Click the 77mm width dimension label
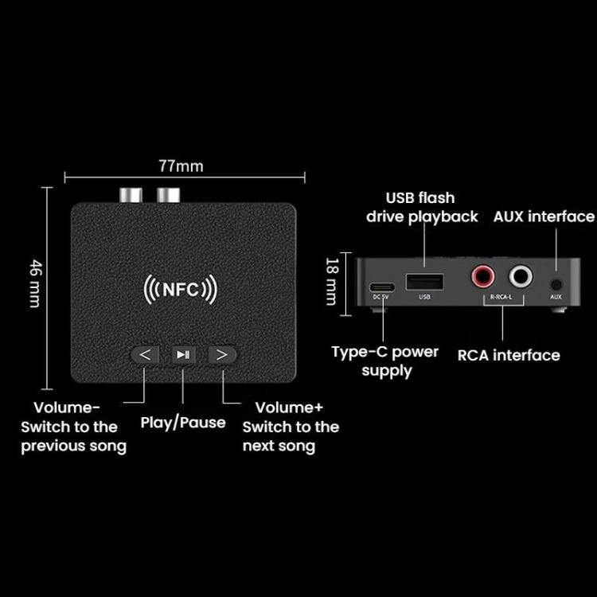coord(181,166)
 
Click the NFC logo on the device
coord(180,289)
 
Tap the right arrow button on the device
coord(222,354)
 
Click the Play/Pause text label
coord(183,422)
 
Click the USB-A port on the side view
coord(423,281)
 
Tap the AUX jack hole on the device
coord(556,283)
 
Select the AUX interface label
coord(544,217)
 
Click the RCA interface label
coord(508,355)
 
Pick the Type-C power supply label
coord(385,361)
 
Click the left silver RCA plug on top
coord(130,194)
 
